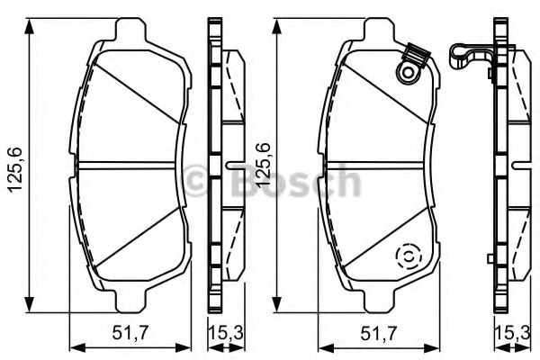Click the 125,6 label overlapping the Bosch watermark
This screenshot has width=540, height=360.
264,163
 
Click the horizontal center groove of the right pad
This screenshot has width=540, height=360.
378,164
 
